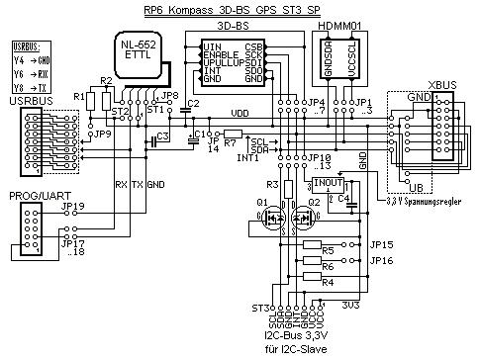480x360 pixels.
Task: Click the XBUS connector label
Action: (x=442, y=86)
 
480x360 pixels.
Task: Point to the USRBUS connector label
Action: (x=27, y=100)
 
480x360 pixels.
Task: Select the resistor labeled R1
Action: (x=80, y=96)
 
